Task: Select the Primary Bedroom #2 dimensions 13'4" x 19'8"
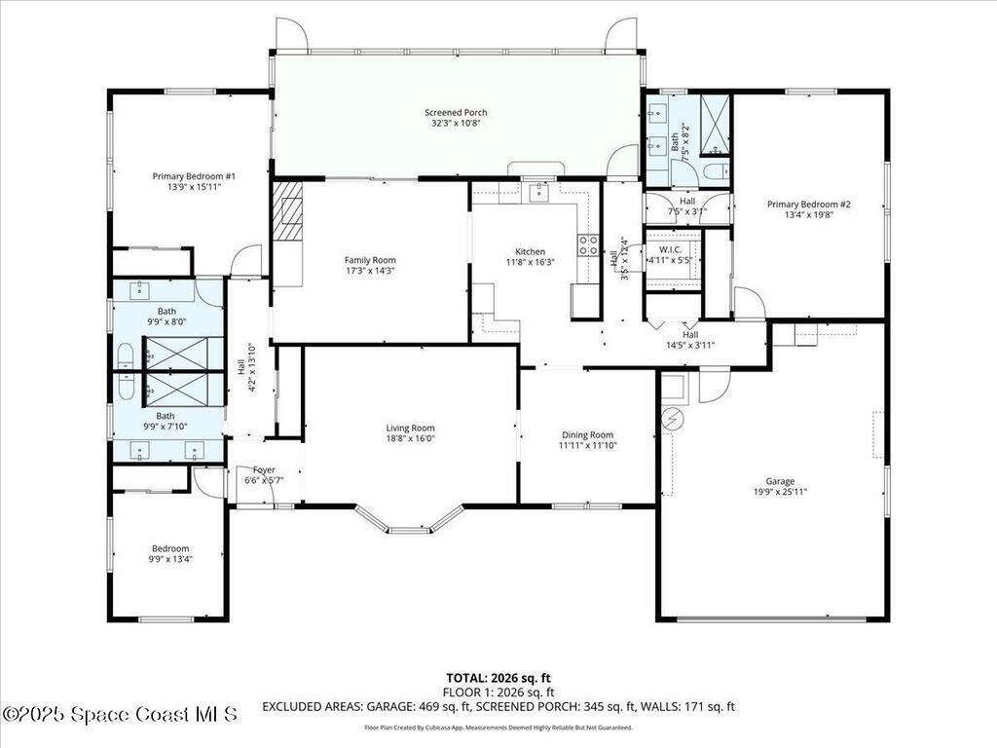pos(808,216)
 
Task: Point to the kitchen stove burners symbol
pos(588,244)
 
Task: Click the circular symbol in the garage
pos(671,420)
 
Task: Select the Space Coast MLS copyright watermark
pos(119,714)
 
